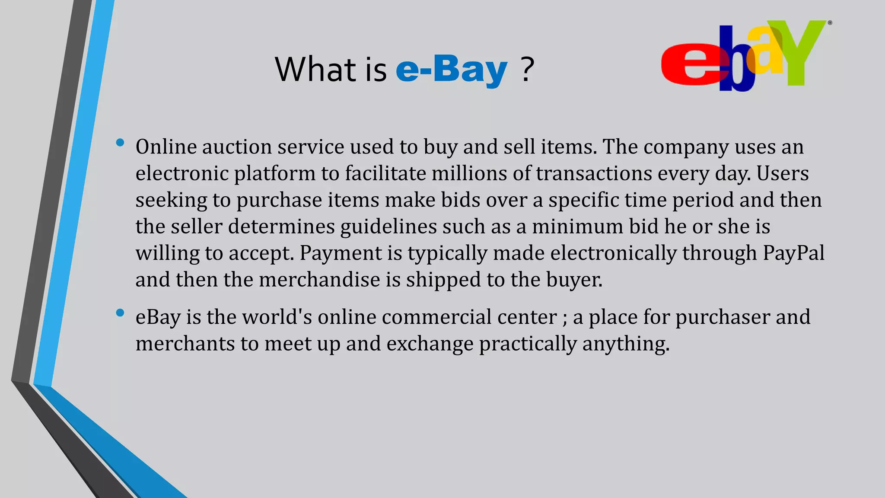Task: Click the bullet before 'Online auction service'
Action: click(x=120, y=143)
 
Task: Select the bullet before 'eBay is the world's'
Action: click(x=120, y=313)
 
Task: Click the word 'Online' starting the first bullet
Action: click(x=166, y=147)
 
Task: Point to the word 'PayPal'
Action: click(x=793, y=253)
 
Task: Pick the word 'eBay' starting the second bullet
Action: click(x=158, y=317)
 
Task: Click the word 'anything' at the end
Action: click(x=625, y=344)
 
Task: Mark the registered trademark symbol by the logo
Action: click(x=830, y=23)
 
